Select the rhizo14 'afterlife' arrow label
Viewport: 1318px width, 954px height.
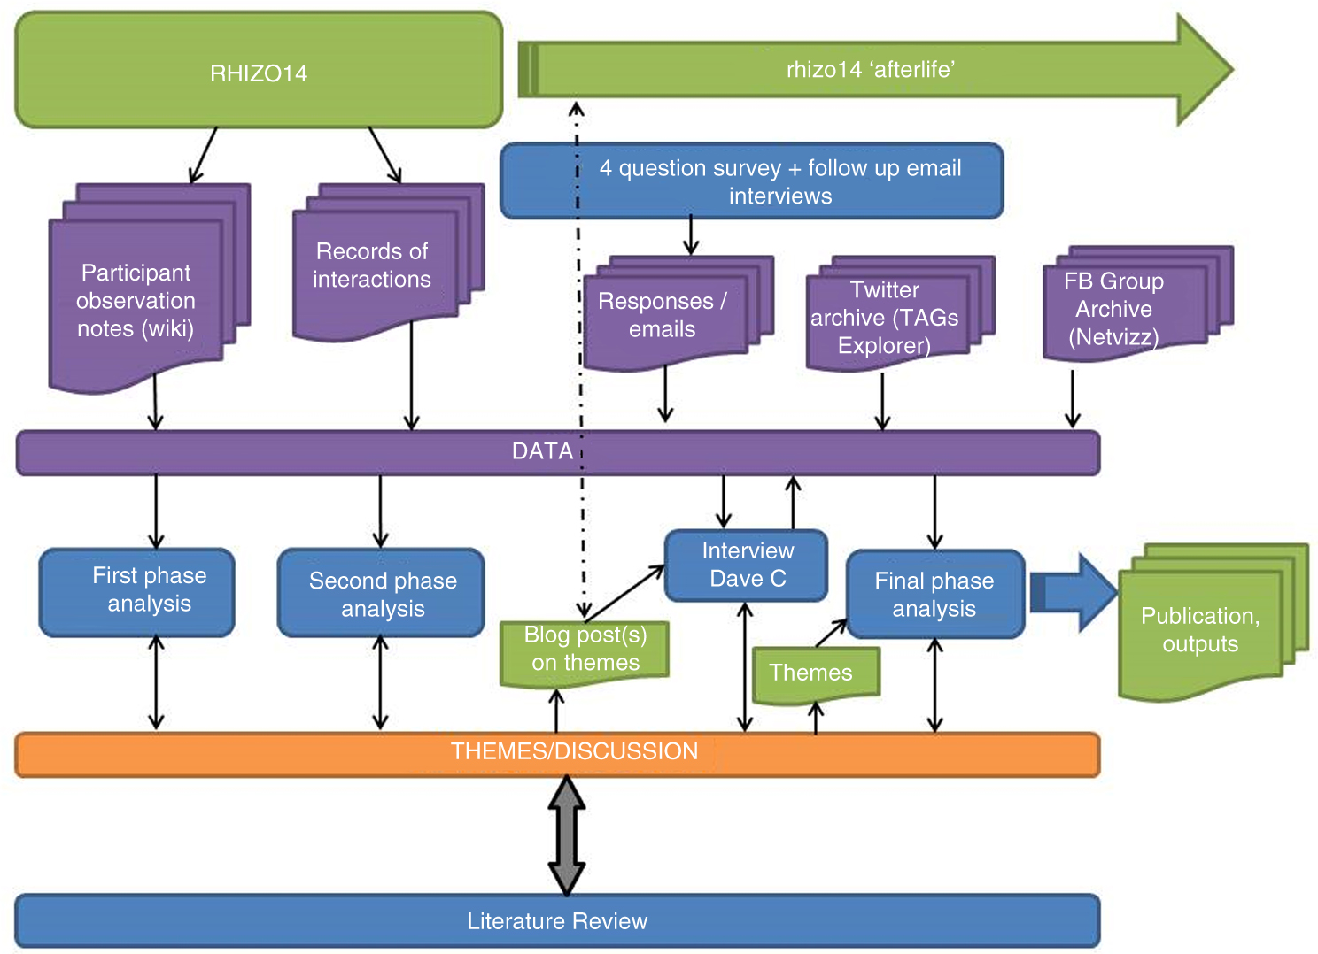870,69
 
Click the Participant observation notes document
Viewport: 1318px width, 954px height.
136,301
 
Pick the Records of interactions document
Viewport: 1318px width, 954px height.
372,265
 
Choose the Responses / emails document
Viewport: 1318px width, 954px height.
663,315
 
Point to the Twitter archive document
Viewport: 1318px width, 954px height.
885,317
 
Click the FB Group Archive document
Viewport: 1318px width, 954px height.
1114,309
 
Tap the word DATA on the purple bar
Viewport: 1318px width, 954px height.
542,451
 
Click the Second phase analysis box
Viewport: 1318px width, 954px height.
382,594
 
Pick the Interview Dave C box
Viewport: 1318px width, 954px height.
747,565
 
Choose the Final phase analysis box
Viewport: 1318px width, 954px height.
934,594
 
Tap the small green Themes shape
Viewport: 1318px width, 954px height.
811,673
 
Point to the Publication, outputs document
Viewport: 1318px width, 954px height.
1200,630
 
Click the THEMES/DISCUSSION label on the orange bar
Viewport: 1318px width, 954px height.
574,751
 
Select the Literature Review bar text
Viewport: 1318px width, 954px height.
557,921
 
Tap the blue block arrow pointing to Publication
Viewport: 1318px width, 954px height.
1074,593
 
